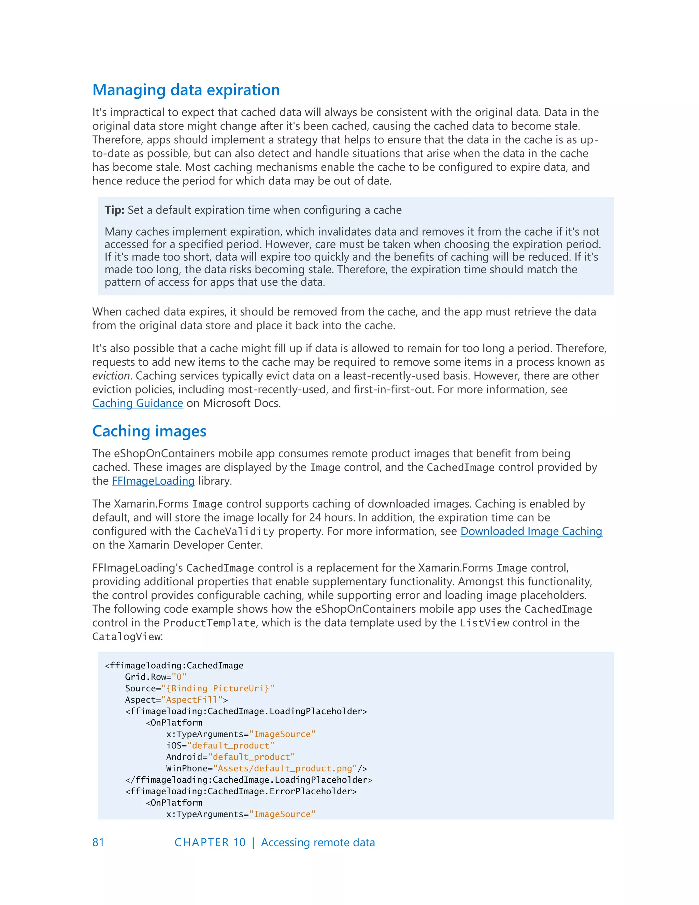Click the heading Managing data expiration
tap(186, 90)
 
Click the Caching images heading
tap(149, 431)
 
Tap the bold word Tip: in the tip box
tap(114, 210)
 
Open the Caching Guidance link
tap(138, 403)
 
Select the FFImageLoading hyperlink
tap(153, 481)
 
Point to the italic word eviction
tap(111, 376)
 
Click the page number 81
tap(98, 843)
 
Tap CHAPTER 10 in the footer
tap(210, 843)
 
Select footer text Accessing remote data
tap(318, 843)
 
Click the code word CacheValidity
tap(234, 532)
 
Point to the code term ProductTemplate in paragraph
tap(209, 623)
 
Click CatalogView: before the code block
tap(127, 637)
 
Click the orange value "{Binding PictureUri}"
tap(217, 688)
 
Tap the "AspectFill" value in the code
tap(191, 700)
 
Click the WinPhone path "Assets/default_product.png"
tap(285, 769)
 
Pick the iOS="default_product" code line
tap(220, 746)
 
